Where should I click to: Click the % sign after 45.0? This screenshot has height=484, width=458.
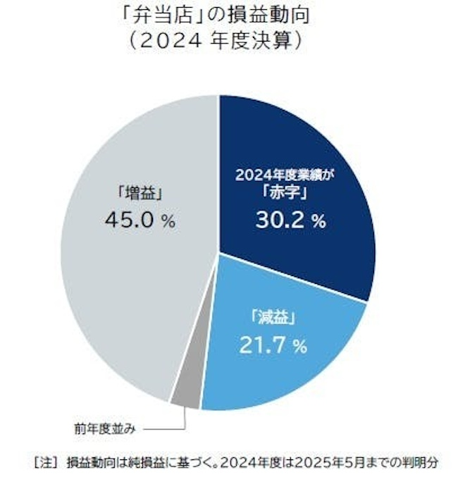pos(168,221)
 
